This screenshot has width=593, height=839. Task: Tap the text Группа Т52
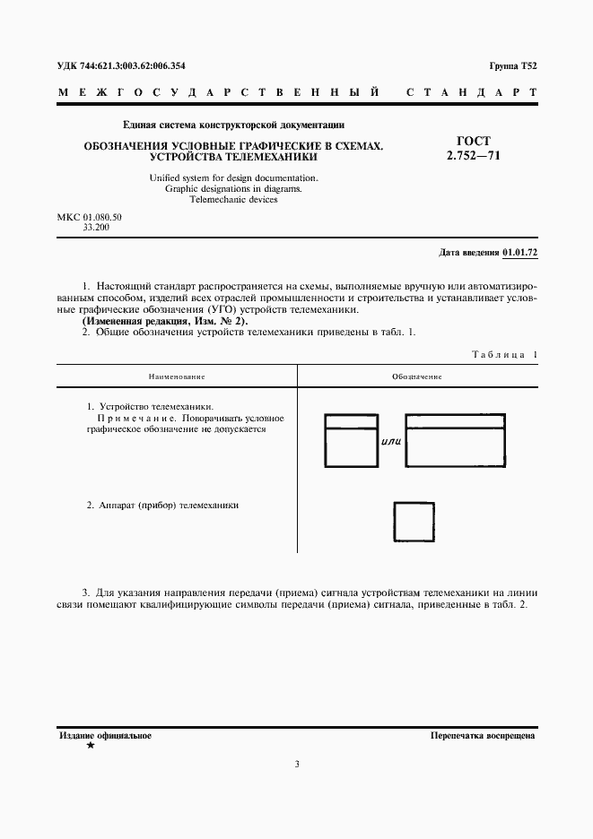pos(513,66)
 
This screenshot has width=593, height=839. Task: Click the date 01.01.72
pos(519,253)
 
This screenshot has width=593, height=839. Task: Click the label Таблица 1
pos(504,355)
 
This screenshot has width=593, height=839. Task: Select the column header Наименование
pos(178,376)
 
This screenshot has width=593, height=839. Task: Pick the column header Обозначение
pos(417,376)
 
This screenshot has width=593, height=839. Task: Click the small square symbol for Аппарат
pos(415,520)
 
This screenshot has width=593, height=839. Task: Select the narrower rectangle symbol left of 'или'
pos(350,440)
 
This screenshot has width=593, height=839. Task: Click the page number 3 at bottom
pos(296,764)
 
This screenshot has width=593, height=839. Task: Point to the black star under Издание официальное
pos(89,747)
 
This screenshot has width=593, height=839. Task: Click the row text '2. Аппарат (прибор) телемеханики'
pos(162,506)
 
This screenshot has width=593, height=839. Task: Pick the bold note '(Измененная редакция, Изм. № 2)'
pos(165,321)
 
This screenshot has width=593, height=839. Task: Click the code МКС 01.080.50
pos(89,218)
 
